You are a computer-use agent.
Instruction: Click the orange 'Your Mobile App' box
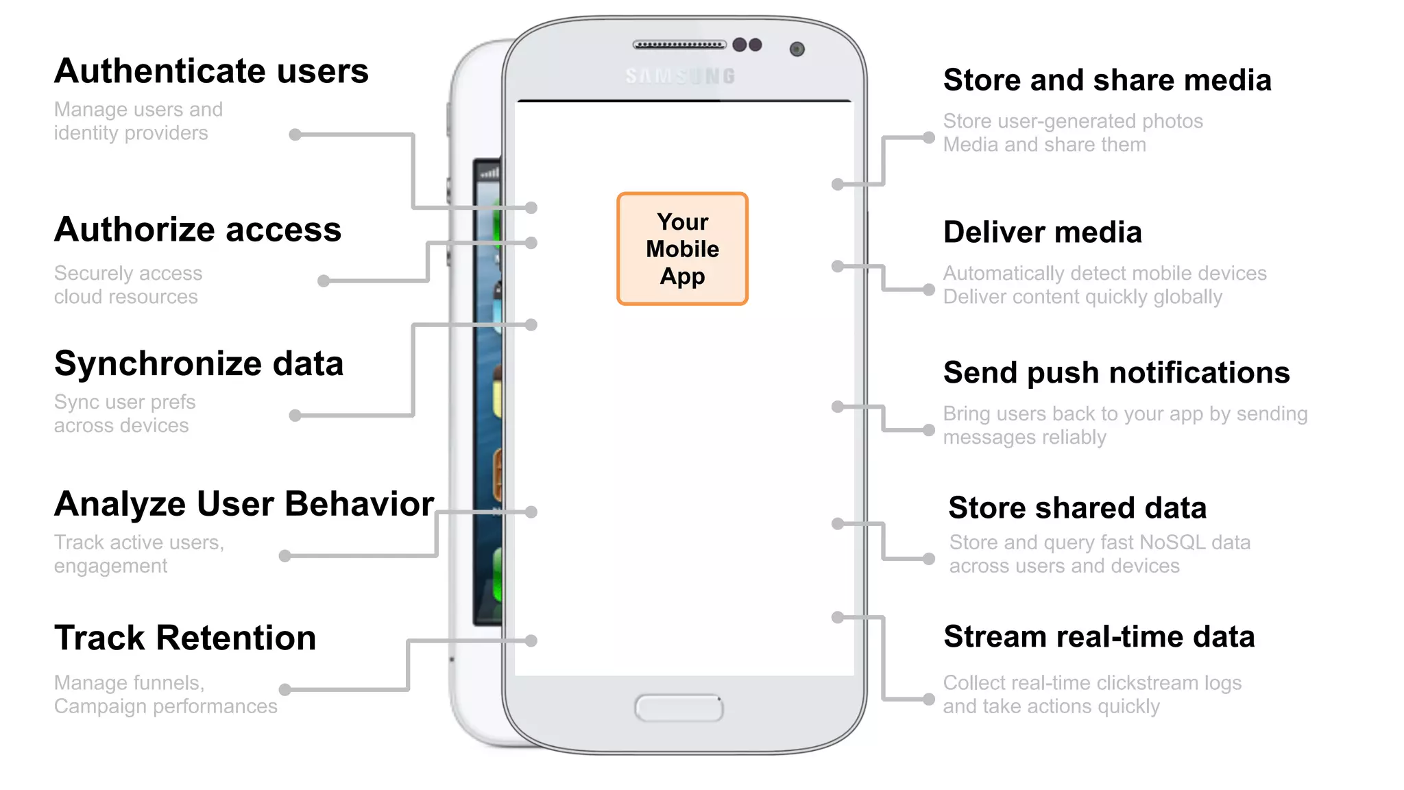[682, 248]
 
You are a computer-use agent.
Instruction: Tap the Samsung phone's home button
[679, 708]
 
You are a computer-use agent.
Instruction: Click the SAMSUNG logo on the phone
[680, 76]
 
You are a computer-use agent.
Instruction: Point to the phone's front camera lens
[797, 49]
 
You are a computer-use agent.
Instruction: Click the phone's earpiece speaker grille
[679, 45]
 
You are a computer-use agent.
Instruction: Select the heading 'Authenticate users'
[211, 71]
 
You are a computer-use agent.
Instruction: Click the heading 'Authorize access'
[197, 230]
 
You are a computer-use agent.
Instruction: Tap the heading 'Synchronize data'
[199, 363]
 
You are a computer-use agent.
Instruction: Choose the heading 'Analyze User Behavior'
[244, 504]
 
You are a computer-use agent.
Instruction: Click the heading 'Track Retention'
[185, 638]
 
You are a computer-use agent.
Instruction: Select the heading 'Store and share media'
[1107, 80]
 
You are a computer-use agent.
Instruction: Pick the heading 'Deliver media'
[1042, 232]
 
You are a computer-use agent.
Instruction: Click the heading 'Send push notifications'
[1116, 373]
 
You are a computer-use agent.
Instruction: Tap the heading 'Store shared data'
[1077, 508]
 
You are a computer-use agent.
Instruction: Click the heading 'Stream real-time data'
[1099, 637]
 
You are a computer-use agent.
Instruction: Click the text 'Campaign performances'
[166, 706]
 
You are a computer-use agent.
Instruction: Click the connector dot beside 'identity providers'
[295, 135]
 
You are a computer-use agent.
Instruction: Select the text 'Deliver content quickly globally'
[1082, 297]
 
